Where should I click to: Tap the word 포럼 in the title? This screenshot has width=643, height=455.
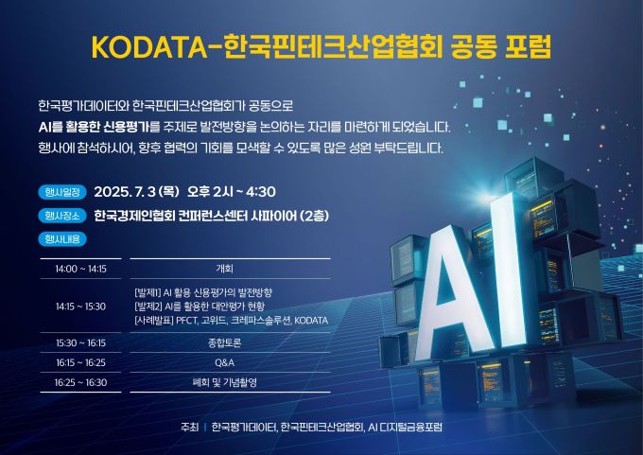tap(520, 46)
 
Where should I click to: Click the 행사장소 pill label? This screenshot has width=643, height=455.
tap(63, 215)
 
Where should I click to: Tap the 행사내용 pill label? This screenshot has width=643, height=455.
tap(63, 238)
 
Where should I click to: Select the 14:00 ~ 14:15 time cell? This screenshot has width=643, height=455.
tap(81, 269)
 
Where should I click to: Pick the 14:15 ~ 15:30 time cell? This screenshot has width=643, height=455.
tap(81, 306)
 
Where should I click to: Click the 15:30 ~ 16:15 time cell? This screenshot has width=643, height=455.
tap(81, 342)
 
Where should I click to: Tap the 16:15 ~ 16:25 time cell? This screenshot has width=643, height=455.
tap(81, 362)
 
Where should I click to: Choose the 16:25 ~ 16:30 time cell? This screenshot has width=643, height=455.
tap(81, 382)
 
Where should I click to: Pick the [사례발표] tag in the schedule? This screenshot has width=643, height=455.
tap(155, 321)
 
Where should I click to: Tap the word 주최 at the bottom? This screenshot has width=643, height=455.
tap(189, 427)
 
